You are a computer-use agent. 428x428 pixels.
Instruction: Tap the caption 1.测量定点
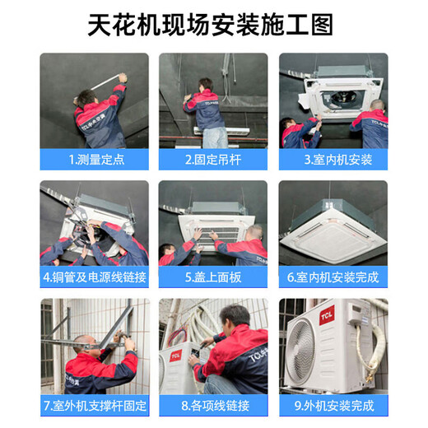click(94, 160)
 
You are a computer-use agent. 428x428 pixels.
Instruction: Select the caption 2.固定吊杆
click(213, 160)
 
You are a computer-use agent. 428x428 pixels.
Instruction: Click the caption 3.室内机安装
click(333, 160)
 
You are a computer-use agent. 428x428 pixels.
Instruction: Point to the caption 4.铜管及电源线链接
click(94, 277)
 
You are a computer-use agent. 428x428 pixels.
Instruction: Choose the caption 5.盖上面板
click(213, 277)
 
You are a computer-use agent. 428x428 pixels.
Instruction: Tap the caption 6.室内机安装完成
click(333, 277)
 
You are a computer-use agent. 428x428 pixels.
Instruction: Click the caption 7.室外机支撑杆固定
click(94, 405)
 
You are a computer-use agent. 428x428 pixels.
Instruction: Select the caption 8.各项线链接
click(213, 405)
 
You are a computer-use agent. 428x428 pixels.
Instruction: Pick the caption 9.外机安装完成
click(333, 405)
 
